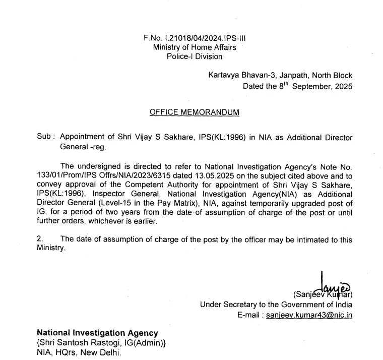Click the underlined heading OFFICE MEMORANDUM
[x=195, y=112]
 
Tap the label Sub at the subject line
[x=44, y=137]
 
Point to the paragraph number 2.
[x=40, y=239]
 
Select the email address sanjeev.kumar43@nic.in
[x=309, y=314]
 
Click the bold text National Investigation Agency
[x=97, y=333]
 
